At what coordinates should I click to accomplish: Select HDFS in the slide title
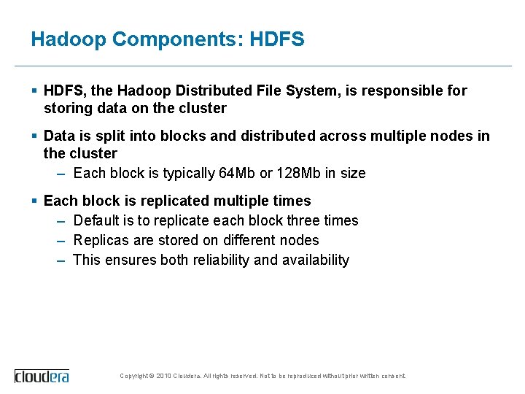276,39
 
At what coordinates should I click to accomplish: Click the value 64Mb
237,174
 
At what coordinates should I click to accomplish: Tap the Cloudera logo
42,376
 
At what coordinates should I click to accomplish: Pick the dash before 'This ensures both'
62,260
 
